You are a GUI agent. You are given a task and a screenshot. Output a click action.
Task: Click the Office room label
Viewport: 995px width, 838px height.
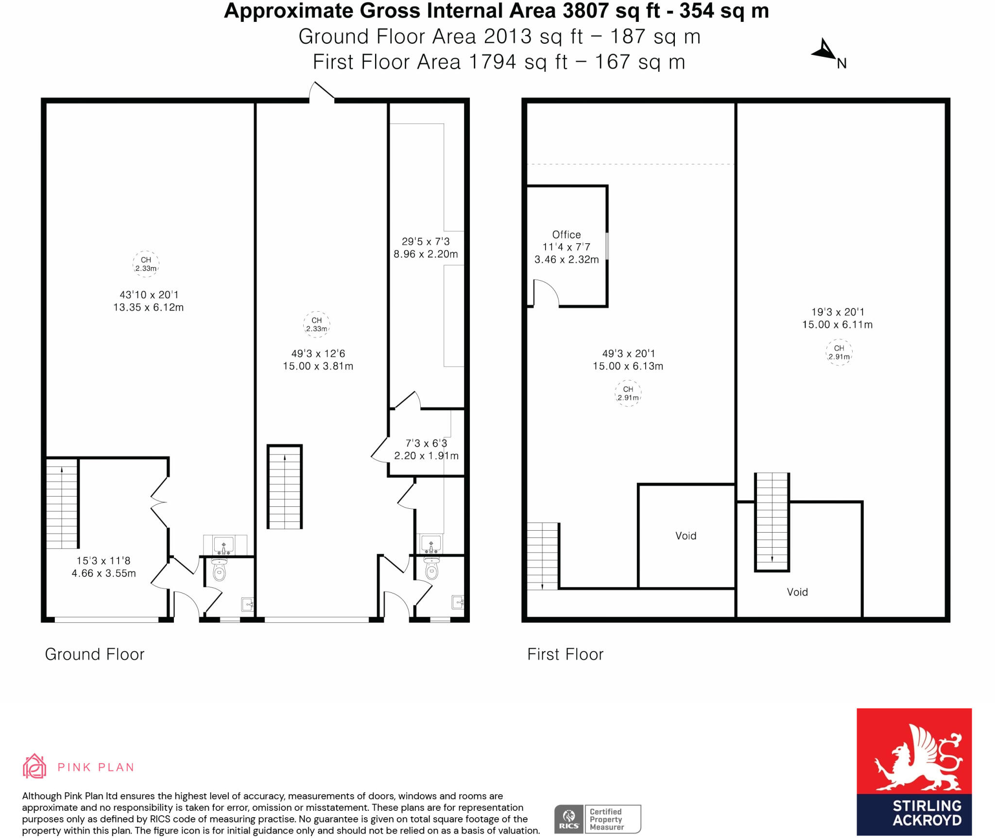pos(566,235)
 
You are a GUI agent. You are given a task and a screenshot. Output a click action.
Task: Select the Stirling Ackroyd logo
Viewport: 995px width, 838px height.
pos(914,771)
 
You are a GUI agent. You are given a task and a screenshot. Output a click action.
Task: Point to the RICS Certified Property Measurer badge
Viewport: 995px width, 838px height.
pos(598,819)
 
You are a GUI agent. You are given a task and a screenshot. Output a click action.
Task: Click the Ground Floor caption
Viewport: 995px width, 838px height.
pos(95,654)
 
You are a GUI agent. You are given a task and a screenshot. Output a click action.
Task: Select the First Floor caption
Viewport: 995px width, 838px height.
pos(566,654)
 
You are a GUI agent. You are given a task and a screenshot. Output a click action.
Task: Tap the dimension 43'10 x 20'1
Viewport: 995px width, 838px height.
pos(149,295)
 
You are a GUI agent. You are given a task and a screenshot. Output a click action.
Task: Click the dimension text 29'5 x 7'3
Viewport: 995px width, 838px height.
pos(426,241)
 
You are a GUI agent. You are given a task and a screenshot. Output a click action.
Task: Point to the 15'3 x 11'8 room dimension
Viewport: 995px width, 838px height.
pos(103,561)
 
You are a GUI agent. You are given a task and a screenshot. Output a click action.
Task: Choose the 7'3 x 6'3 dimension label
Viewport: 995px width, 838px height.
pos(426,443)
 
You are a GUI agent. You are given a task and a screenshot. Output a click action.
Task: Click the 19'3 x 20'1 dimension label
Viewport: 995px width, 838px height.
pos(838,312)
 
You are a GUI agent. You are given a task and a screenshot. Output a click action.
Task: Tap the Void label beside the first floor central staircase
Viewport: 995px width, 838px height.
pos(797,592)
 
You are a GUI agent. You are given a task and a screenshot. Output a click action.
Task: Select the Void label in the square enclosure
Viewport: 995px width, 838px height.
pos(686,536)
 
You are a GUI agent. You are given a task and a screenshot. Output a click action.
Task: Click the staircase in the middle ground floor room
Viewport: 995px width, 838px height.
pos(285,486)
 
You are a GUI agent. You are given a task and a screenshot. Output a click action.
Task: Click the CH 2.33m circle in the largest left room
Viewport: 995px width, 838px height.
pos(146,264)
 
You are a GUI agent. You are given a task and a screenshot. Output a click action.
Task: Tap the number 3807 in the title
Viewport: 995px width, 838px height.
pos(586,11)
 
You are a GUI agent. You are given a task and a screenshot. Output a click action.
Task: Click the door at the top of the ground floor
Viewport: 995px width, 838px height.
pos(322,92)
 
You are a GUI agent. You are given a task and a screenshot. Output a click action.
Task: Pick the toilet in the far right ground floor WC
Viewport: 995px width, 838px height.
pos(432,569)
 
